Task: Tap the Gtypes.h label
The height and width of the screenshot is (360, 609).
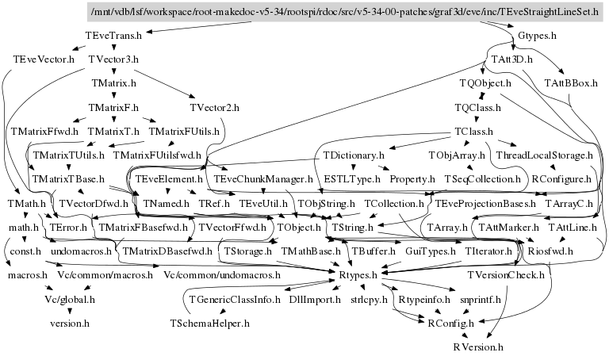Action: [537, 36]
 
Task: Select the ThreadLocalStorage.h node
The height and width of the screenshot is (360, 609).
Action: [545, 155]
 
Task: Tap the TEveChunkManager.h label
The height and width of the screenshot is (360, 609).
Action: [264, 179]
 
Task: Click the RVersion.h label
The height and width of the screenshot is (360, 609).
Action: [478, 347]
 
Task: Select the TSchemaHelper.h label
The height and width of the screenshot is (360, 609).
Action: [210, 324]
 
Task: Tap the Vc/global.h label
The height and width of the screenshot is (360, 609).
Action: [70, 300]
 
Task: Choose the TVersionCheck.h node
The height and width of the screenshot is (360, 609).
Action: [507, 276]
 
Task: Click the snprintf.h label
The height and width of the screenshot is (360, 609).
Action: [473, 300]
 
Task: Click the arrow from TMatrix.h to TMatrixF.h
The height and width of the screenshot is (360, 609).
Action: [114, 94]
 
